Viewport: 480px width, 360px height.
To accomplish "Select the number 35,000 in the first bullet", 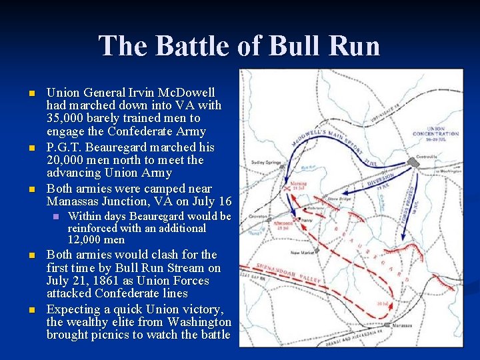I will coord(67,119).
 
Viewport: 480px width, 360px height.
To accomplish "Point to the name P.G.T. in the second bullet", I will coord(65,147).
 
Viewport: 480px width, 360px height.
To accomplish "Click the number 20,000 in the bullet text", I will coord(67,160).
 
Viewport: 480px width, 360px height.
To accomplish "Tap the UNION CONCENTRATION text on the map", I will coord(437,132).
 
